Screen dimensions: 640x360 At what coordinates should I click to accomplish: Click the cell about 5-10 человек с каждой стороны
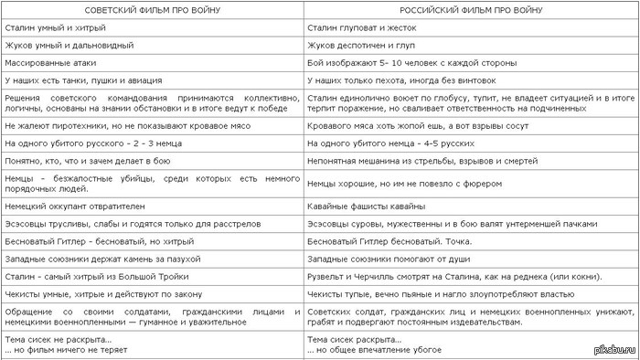pyautogui.click(x=411, y=62)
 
